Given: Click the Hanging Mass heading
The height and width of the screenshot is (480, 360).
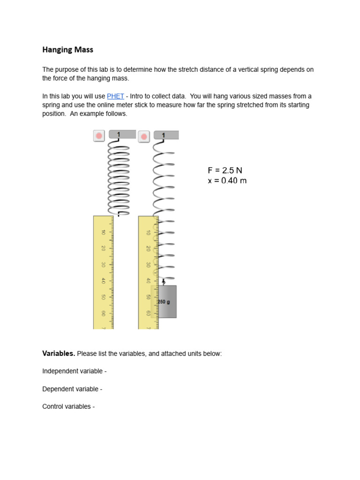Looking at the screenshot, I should (x=67, y=49).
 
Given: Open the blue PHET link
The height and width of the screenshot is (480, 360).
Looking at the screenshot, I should (x=115, y=96).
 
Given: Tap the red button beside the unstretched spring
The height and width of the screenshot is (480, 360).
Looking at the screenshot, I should (x=99, y=136).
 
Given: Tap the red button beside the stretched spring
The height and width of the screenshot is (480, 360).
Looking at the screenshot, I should (x=144, y=136).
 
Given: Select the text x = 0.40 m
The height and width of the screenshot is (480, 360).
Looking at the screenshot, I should (x=227, y=180).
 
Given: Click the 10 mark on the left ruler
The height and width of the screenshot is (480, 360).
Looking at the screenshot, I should (x=103, y=232).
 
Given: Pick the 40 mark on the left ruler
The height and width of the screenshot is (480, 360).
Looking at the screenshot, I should (x=103, y=281).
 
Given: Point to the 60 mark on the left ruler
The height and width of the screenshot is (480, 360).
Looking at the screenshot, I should (x=103, y=313).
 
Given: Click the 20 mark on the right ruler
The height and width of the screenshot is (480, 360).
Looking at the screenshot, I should (x=148, y=248).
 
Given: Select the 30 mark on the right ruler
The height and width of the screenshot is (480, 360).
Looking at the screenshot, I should (x=148, y=265).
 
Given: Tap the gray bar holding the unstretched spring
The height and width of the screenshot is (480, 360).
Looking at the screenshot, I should (x=122, y=135).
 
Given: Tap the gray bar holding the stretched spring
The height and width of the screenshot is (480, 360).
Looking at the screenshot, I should (x=166, y=135).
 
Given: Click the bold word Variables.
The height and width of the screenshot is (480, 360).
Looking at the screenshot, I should (x=59, y=353).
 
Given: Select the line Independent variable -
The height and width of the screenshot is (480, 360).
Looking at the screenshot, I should (x=75, y=371).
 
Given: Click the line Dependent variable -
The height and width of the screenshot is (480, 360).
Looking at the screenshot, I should (x=72, y=389).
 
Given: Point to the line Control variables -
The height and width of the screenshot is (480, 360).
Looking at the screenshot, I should (x=68, y=406).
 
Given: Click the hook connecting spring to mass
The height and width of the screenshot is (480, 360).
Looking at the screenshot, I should (x=163, y=281).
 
